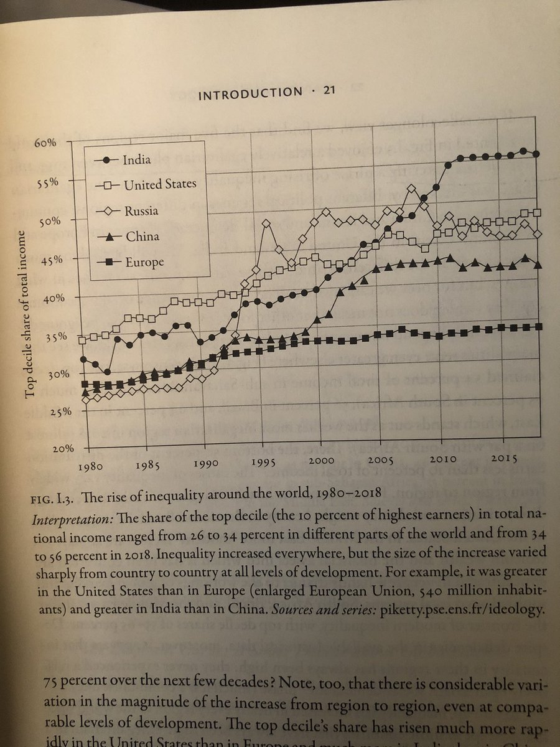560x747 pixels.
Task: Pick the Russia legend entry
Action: (140, 210)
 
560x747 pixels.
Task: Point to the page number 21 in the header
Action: (329, 92)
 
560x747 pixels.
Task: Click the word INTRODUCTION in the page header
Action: (249, 93)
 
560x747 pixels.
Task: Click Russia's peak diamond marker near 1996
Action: (267, 223)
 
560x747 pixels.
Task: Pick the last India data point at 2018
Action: (536, 154)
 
